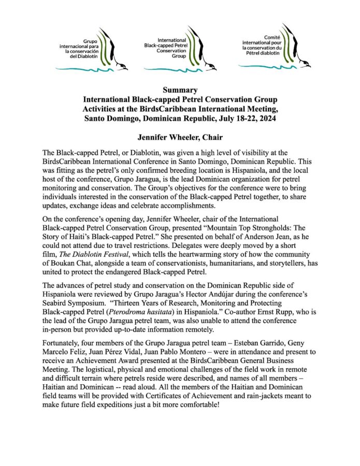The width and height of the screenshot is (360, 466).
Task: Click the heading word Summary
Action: tap(180, 90)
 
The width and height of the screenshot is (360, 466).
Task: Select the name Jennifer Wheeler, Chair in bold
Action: tap(180, 138)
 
